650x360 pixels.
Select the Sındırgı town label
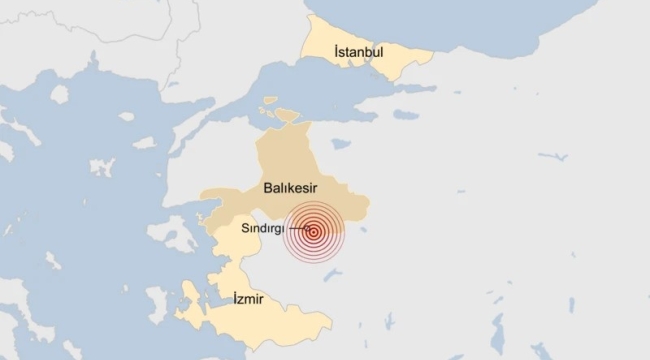(265, 229)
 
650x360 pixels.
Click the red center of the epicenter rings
(314, 232)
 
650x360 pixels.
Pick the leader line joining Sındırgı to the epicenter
(299, 230)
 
